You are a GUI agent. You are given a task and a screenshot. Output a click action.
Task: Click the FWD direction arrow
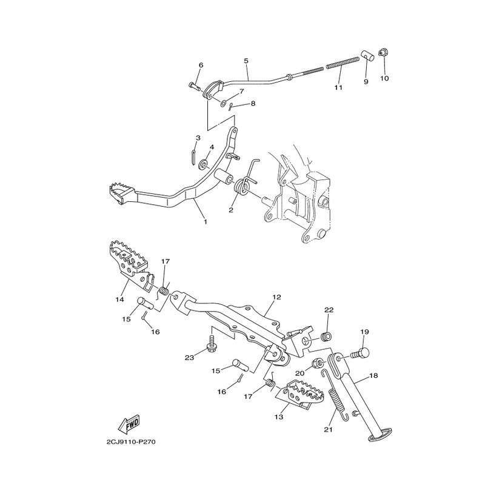click(129, 424)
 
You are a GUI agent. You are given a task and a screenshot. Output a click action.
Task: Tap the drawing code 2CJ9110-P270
click(131, 442)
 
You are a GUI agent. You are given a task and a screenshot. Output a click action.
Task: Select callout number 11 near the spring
click(338, 87)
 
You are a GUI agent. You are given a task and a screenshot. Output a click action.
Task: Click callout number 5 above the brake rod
click(246, 61)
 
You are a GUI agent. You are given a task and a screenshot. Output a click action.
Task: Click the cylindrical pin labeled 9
click(368, 56)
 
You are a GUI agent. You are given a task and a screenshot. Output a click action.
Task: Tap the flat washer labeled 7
click(223, 102)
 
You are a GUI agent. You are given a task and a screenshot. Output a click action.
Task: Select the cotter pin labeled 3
click(193, 158)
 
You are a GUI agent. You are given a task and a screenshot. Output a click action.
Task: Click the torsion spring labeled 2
click(246, 180)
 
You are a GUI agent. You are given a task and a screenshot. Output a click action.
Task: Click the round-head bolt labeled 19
click(360, 353)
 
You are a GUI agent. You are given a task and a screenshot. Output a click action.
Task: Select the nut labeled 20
click(318, 363)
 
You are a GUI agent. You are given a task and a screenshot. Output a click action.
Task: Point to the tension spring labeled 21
click(335, 395)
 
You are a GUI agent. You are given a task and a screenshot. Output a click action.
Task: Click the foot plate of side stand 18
click(380, 434)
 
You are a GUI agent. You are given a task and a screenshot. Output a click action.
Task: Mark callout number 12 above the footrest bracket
click(277, 297)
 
